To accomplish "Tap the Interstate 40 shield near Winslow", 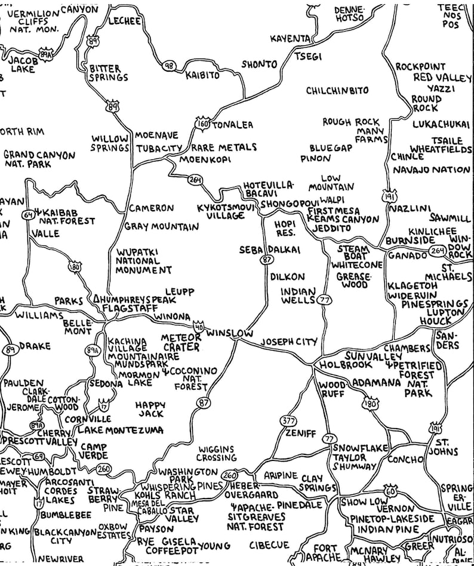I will point(198,327).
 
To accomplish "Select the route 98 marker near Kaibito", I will point(169,64).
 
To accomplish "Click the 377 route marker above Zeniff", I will point(288,421).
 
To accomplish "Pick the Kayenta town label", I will point(290,38).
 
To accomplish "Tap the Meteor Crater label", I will point(181,342).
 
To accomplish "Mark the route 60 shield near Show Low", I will point(390,490).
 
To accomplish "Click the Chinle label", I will point(407,156).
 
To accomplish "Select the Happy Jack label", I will point(150,408).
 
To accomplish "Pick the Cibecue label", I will point(269,545).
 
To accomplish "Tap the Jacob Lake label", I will point(21,64).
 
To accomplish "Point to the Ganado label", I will point(408,256).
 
